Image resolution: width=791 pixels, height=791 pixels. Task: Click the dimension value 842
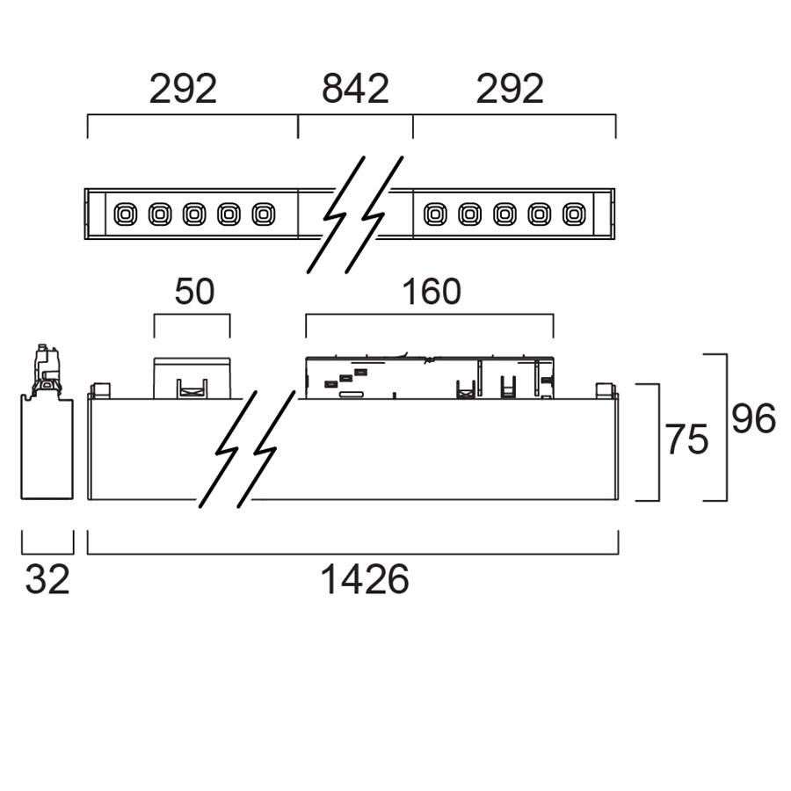(355, 90)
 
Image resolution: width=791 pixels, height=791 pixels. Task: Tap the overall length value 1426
(365, 580)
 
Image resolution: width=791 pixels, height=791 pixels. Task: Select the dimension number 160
(431, 292)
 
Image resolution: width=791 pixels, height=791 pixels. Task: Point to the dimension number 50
(194, 292)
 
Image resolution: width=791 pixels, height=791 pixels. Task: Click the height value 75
(686, 440)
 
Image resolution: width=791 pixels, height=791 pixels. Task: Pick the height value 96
(754, 421)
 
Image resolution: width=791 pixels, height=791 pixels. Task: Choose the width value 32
(47, 580)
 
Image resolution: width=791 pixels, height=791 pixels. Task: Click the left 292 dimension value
(183, 90)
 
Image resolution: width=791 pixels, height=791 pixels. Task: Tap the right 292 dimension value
(510, 90)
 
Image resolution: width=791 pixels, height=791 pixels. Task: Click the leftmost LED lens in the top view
(125, 214)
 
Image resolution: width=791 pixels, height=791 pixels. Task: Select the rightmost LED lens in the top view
(573, 214)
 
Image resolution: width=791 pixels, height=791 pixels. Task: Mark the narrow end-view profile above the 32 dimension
(47, 448)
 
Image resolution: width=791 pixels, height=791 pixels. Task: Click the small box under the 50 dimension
(192, 378)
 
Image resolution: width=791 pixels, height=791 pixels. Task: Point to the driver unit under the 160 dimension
(430, 378)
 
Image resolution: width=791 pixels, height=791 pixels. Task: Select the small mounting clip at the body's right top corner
(605, 389)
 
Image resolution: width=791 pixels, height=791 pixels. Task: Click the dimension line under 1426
(352, 554)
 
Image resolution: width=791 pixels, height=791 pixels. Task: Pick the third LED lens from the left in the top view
(193, 214)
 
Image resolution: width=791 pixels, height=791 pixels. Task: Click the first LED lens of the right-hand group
(435, 214)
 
